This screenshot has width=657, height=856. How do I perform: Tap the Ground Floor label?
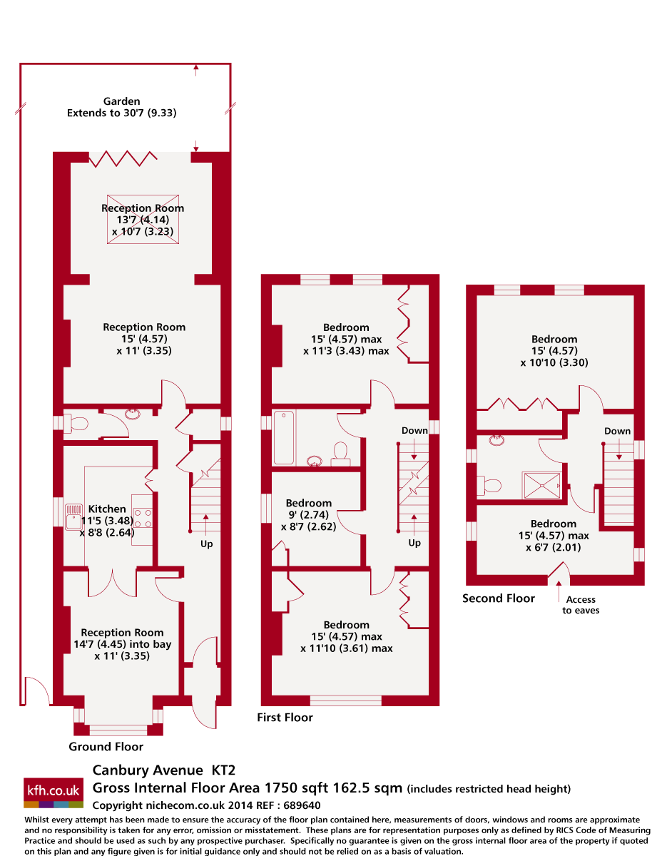tap(106, 747)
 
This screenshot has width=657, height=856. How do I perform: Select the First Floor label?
tap(285, 718)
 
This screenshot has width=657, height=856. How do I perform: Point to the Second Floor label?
tap(498, 598)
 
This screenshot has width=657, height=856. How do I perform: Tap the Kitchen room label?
tap(107, 509)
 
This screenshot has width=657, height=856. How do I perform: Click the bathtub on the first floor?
tap(284, 437)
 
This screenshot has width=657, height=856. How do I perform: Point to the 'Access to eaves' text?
tap(581, 605)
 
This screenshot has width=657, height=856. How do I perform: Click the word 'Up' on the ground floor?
tap(206, 544)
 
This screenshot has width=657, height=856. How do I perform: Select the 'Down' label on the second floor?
tap(617, 431)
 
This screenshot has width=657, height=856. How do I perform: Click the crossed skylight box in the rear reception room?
tap(143, 220)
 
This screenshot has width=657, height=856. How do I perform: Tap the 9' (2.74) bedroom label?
tap(308, 515)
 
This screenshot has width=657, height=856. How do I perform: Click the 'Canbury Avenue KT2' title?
tap(163, 770)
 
